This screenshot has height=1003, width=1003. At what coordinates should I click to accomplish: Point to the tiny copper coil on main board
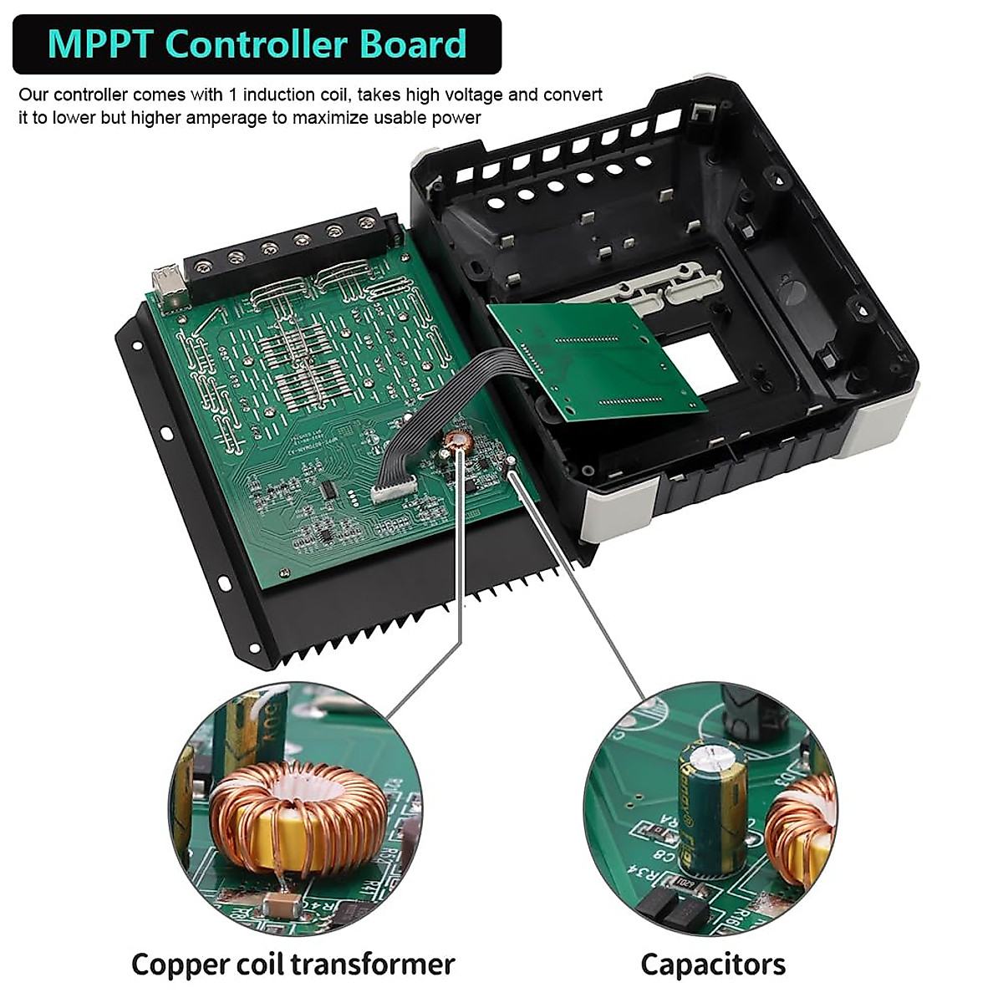point(459,441)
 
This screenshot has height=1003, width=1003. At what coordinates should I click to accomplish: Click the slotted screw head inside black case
point(791,293)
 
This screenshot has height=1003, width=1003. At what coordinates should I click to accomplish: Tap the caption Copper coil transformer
point(293,964)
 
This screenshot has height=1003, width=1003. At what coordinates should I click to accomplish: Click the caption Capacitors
point(713,964)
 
